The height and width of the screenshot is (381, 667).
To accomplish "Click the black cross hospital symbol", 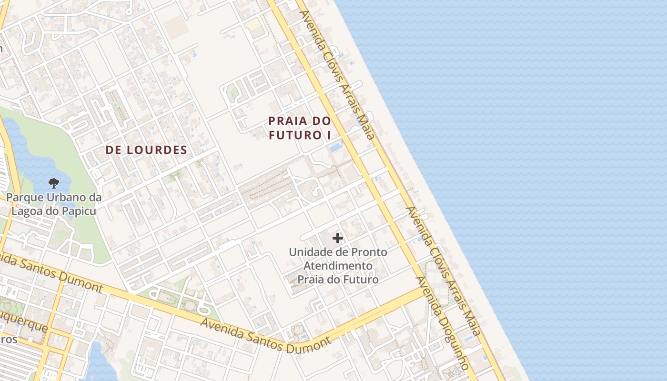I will [x=338, y=238].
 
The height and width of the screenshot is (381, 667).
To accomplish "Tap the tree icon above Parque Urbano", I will [x=54, y=183].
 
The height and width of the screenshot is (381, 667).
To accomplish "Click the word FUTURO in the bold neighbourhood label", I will [x=294, y=135].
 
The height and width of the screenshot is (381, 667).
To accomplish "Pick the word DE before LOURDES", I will [x=115, y=150].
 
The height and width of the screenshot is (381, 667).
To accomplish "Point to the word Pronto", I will [x=369, y=252].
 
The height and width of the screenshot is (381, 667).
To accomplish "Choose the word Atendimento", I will [x=338, y=266].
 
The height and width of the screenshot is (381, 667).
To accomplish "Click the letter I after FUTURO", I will [x=328, y=135].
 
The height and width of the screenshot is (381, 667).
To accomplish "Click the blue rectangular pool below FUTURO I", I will [x=336, y=147].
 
